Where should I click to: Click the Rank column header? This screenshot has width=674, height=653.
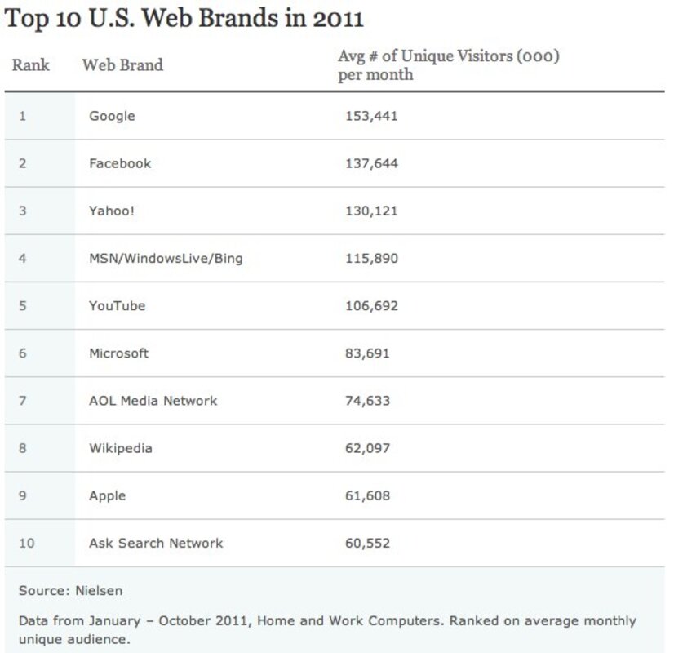coord(30,65)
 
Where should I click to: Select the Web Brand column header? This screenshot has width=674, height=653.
coord(122,65)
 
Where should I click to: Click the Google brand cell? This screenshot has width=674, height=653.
coord(112,116)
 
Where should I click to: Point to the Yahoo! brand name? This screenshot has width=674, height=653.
coord(112,211)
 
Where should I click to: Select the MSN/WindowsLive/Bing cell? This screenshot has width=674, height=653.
coord(166,259)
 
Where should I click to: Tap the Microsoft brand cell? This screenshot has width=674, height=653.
coord(118,353)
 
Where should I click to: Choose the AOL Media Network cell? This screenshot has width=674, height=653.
coord(153,401)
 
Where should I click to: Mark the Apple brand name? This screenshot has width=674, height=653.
coord(107,495)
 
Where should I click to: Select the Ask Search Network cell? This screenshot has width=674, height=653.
coord(155,543)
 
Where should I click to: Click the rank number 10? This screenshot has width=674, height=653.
coord(25,543)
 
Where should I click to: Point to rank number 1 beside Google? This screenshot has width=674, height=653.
coord(23,116)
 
